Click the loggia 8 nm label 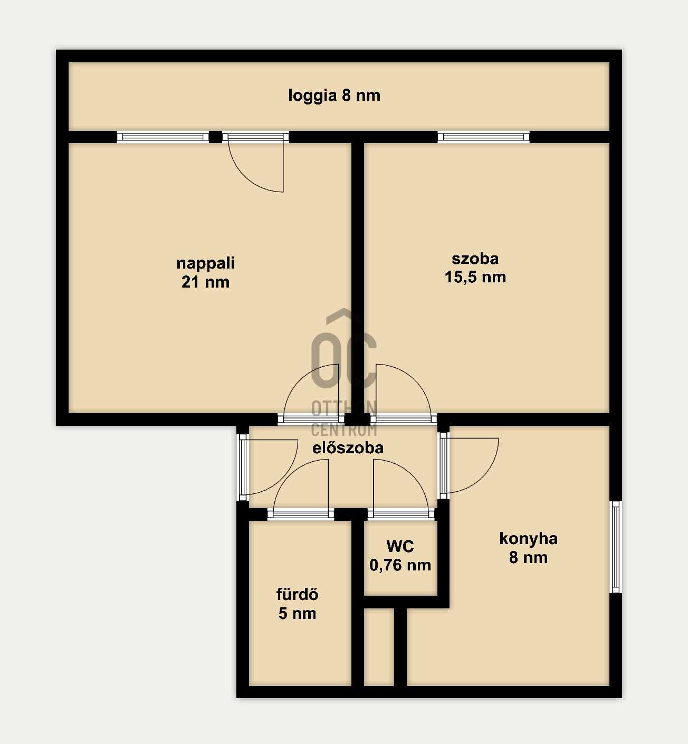pos(335,96)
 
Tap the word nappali pos(206,264)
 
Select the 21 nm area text pos(206,282)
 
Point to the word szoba pos(475,259)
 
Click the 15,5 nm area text pos(475,277)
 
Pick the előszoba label pos(348,447)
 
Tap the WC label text pos(400,546)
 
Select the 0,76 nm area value pos(400,565)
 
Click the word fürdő pos(297,595)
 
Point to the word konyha pos(528,539)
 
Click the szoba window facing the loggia pos(483,137)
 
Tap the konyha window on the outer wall pos(616,547)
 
